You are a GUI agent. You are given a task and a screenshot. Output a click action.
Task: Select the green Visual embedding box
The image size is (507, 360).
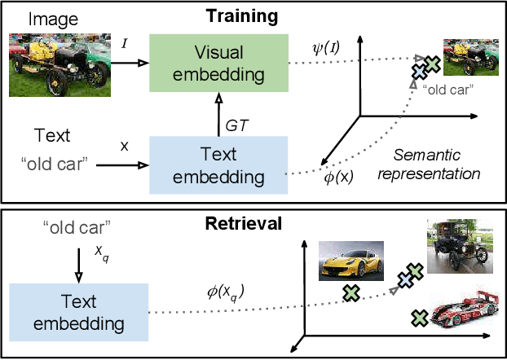(218, 64)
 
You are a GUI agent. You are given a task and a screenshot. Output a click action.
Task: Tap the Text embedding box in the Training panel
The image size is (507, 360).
(218, 165)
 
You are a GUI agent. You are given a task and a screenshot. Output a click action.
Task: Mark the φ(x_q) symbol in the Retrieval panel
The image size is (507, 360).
(226, 292)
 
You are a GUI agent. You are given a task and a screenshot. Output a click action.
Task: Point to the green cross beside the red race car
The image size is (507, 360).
(420, 318)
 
